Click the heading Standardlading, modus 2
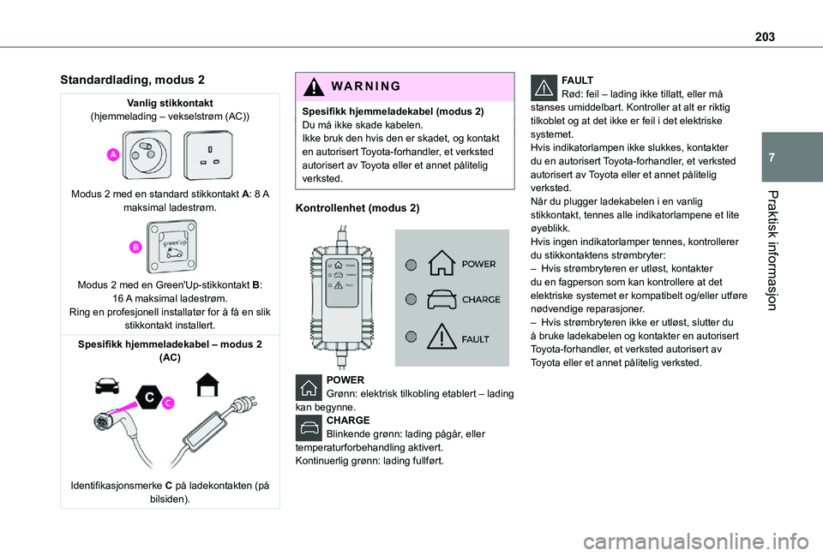132,80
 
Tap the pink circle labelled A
113,153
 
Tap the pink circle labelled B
135,248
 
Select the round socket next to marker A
147,154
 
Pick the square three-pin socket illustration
207,154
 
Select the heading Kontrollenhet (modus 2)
357,208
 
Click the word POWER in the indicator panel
478,264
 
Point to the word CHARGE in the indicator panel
481,300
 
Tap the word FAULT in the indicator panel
477,338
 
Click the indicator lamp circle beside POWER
411,265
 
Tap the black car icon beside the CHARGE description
309,429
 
